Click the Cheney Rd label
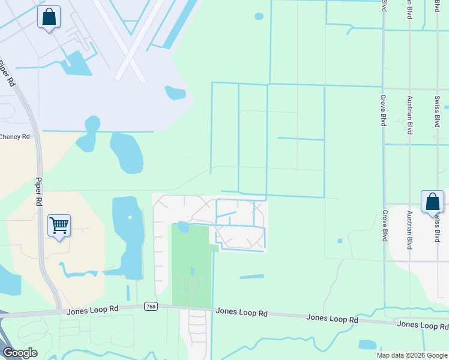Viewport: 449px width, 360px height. [14, 137]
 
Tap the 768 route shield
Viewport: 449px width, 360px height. [151, 307]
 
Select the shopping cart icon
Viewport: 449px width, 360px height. [59, 226]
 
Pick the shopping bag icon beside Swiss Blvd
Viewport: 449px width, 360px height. [432, 202]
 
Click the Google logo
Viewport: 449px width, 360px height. [20, 353]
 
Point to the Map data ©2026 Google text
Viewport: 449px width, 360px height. [412, 355]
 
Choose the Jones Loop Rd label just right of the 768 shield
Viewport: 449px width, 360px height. [241, 312]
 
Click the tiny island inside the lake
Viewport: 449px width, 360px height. [129, 217]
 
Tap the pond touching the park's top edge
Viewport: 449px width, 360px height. [183, 227]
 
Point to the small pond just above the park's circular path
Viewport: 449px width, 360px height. [192, 271]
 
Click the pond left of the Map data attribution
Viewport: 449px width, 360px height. [367, 344]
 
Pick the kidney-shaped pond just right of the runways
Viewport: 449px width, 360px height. [175, 92]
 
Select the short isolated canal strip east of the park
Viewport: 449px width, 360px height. [252, 277]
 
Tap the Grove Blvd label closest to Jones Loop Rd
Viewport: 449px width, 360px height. [384, 226]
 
